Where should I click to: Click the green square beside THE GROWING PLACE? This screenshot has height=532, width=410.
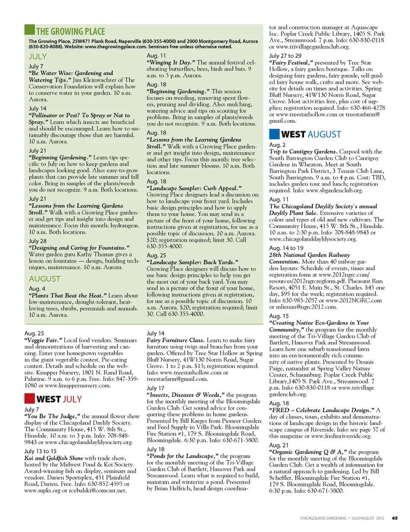(x=29, y=30)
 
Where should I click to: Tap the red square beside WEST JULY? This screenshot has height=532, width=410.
(x=29, y=399)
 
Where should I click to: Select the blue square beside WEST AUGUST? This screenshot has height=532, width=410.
(x=274, y=134)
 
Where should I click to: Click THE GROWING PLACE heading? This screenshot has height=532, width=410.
(x=70, y=32)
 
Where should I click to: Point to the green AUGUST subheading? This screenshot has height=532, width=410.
(x=45, y=279)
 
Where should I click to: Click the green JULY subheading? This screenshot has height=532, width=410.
(x=38, y=56)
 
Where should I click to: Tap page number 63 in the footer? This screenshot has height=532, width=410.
(x=395, y=518)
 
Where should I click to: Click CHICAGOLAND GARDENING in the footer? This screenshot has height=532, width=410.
(x=323, y=518)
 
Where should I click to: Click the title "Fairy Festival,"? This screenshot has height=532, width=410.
(x=291, y=62)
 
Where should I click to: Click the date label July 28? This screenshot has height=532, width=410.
(x=38, y=241)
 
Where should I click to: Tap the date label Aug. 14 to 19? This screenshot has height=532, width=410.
(x=286, y=248)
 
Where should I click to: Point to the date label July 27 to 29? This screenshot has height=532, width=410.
(x=285, y=56)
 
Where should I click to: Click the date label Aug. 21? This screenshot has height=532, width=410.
(x=278, y=445)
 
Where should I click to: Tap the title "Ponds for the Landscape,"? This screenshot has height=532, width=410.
(x=183, y=456)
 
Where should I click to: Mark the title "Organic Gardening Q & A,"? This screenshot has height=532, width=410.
(x=308, y=452)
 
